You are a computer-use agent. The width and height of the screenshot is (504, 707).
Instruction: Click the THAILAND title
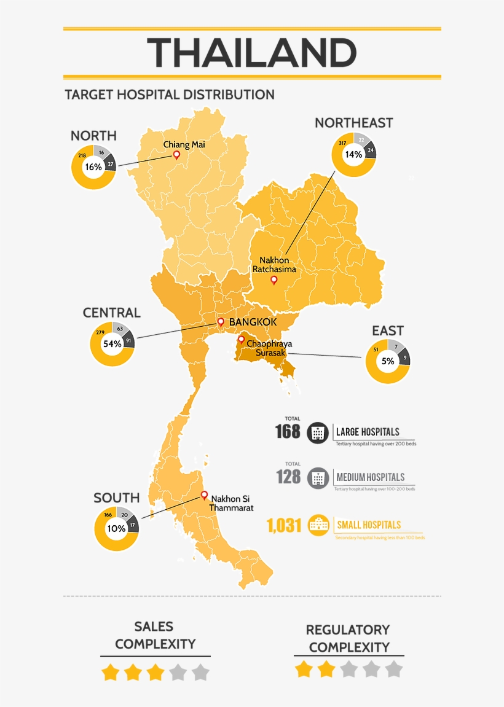(252, 53)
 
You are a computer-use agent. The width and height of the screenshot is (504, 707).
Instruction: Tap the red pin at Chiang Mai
(176, 155)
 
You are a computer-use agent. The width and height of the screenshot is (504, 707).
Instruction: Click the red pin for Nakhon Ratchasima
(274, 280)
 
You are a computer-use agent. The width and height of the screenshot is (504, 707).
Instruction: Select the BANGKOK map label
(253, 322)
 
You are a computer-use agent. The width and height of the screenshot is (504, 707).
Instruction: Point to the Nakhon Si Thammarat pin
(204, 495)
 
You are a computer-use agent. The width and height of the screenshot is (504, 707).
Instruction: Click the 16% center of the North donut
(93, 167)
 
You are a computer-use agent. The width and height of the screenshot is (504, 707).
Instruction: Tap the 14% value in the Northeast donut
(353, 155)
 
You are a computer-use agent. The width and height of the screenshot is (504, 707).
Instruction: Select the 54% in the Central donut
(112, 344)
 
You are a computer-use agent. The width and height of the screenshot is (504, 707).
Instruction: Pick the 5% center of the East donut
(388, 361)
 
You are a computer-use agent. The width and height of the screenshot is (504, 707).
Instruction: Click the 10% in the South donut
(116, 528)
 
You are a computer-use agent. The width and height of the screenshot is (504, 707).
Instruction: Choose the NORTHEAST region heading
(353, 123)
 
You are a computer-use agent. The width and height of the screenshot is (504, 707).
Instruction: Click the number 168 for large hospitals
(288, 432)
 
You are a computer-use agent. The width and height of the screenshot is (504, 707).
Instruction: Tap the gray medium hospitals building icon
(318, 477)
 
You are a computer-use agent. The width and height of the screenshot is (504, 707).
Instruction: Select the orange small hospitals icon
(318, 525)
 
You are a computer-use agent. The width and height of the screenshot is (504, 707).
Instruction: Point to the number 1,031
(284, 526)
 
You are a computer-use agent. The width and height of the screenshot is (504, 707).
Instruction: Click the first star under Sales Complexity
(110, 673)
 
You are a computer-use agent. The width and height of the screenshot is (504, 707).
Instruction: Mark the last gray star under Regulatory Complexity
(394, 669)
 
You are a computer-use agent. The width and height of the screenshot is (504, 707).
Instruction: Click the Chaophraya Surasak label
(269, 348)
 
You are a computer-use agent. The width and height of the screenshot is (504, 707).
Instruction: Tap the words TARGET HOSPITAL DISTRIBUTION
(170, 95)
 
